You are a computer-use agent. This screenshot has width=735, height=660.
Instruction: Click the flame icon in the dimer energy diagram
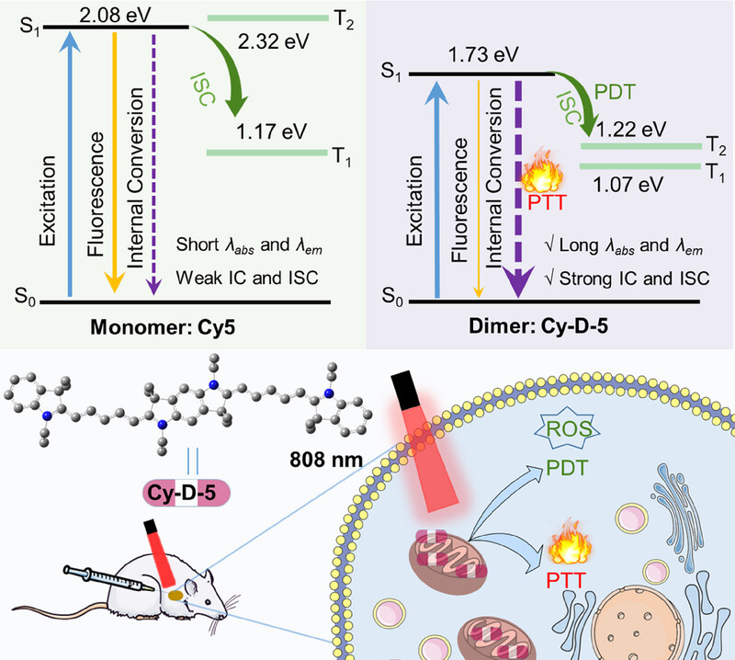[x=538, y=174]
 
